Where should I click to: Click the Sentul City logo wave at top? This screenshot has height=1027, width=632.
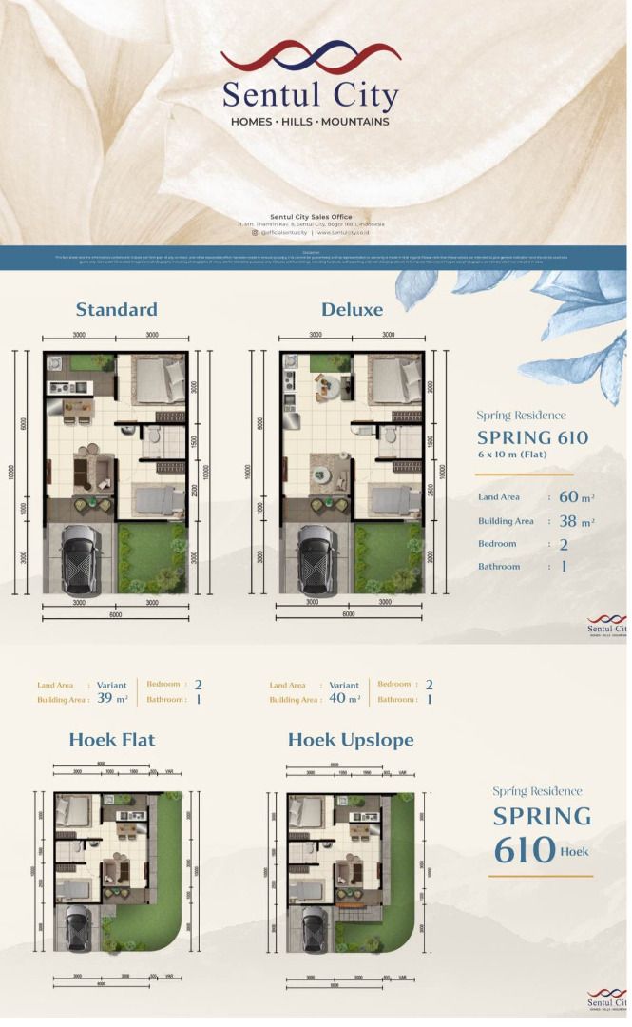pos(311,57)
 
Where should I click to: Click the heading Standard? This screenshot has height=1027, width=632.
pos(116,309)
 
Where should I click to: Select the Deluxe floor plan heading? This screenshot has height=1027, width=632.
pos(352,309)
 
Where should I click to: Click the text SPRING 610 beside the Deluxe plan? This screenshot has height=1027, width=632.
pos(532,438)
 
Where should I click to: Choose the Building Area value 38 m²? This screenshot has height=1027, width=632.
pos(575,521)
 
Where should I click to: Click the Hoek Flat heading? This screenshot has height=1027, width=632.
pos(111,740)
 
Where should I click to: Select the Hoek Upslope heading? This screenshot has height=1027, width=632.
pos(351,740)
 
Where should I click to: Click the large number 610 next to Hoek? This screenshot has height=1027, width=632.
pos(525,849)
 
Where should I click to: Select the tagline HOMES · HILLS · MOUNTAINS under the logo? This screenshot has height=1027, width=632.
pos(310,122)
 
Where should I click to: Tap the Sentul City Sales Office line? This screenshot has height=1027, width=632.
pos(311,217)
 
